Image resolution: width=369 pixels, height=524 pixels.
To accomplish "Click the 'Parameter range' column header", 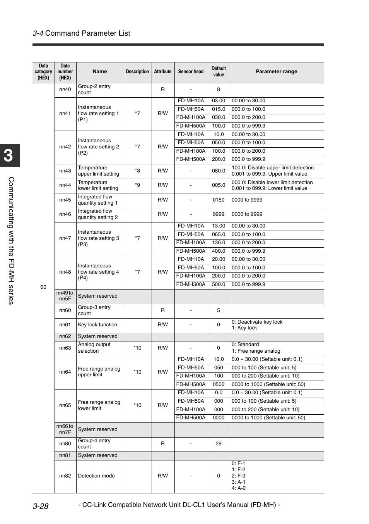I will pos(276,72).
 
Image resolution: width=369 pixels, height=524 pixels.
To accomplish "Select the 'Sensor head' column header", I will pos(191,72).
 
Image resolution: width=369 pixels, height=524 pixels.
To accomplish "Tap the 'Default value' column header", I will pos(219,72).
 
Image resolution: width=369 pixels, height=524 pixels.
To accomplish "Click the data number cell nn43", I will pos(65,171).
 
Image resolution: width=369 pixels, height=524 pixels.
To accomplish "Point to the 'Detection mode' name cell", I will pos(96,476).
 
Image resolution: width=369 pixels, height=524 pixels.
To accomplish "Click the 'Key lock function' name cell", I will pos(97,325).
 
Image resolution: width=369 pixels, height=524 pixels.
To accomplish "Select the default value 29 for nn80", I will pos(219,444).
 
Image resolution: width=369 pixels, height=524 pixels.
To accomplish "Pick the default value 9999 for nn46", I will pos(219,214).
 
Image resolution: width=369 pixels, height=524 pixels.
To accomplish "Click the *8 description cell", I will pos(137,171).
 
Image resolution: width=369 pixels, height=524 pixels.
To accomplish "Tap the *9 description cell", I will pos(137,185).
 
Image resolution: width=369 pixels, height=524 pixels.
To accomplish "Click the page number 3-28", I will pos(41,506).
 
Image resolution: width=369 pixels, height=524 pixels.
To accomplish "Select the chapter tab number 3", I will pos(9,156).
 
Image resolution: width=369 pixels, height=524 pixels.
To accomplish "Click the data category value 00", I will pos(43,287).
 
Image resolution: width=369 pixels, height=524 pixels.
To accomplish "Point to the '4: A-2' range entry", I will pos(239,488).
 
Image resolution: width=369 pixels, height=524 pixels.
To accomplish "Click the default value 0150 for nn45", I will pos(219,200).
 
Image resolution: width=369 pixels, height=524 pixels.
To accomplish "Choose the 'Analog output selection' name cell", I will pos(94,348).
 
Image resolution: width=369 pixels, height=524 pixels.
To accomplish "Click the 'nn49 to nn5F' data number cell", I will pos(65,296).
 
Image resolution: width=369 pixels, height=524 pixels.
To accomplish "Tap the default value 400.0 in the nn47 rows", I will pos(219,251).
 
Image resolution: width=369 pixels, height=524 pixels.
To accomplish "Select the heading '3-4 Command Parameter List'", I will pos(82,33).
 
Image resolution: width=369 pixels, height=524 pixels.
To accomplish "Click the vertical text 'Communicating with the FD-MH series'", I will pos(11,240).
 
